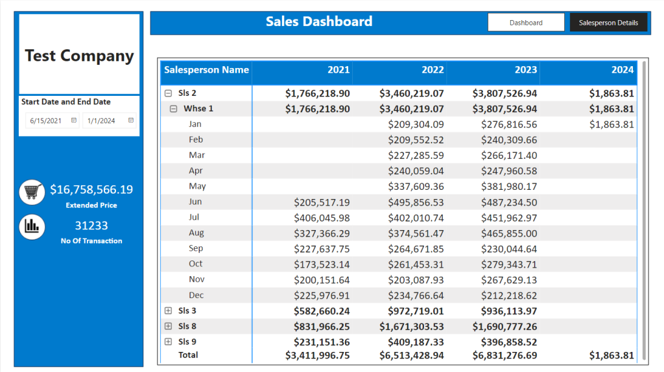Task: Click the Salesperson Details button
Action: point(608,23)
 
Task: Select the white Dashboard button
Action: point(526,23)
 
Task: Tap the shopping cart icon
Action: point(32,192)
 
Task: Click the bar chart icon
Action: point(32,227)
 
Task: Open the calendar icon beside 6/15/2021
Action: point(74,120)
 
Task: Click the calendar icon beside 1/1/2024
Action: point(131,120)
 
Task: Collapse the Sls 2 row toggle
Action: point(168,93)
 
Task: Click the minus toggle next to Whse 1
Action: point(173,109)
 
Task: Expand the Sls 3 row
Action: point(168,310)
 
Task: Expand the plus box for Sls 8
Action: point(168,326)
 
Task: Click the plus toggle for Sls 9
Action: point(168,342)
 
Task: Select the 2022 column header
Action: point(433,70)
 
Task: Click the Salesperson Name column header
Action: point(206,70)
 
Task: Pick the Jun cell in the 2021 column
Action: point(322,202)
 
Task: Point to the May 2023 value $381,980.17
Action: point(509,187)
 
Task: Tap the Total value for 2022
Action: point(412,356)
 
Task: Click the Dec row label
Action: point(196,295)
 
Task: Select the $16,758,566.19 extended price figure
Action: point(91,190)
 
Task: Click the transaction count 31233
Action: point(91,226)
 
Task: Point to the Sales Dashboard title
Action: point(319,21)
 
